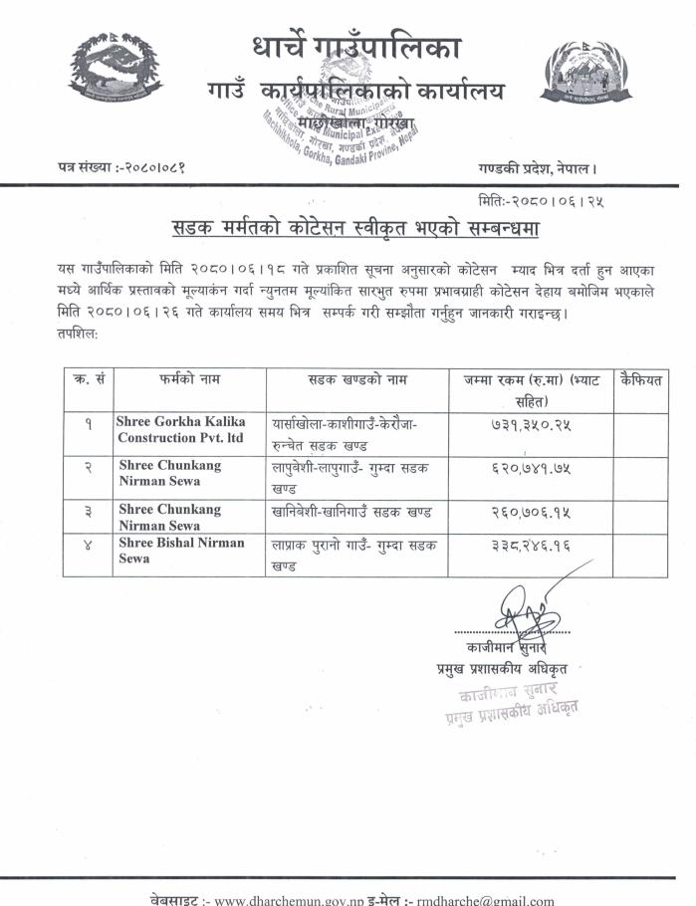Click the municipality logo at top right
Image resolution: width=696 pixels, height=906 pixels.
[x=586, y=75]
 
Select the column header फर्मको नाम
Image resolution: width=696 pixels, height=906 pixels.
[x=188, y=379]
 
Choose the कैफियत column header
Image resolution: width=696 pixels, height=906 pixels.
[x=640, y=379]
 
